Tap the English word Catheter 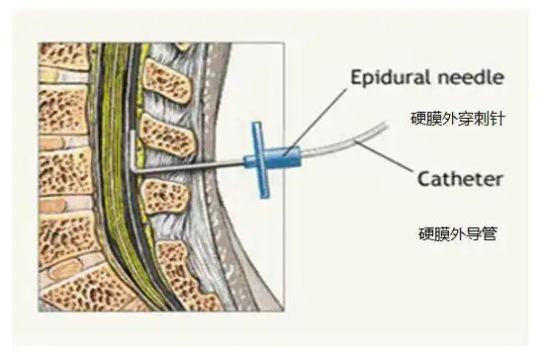pos(460,180)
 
